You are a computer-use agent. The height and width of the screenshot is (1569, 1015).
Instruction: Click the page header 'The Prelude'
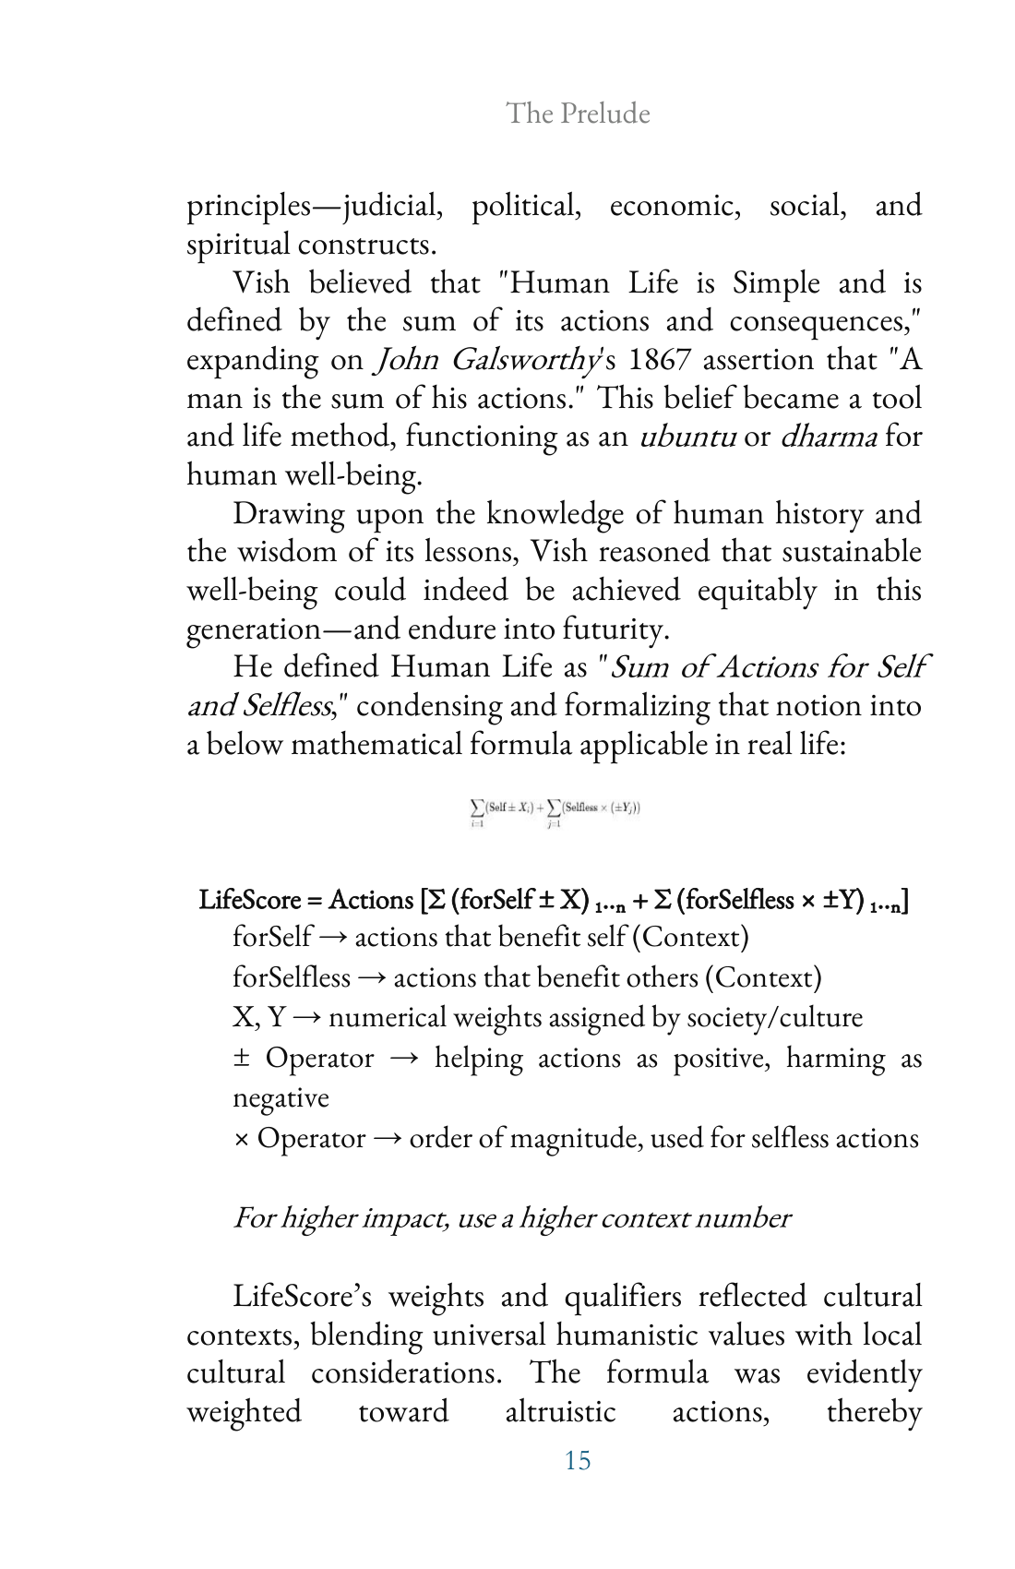click(x=578, y=114)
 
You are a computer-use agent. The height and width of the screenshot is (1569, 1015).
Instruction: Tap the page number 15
click(x=578, y=1460)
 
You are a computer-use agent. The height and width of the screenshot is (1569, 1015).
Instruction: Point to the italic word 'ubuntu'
click(x=687, y=436)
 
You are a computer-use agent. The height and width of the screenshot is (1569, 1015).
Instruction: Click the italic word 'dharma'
click(x=828, y=436)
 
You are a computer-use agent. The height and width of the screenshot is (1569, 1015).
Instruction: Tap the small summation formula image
click(x=555, y=812)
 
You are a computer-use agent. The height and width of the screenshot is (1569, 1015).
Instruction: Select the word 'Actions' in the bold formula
click(x=371, y=900)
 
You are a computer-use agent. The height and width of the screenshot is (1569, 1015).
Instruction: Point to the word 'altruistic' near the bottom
click(x=560, y=1411)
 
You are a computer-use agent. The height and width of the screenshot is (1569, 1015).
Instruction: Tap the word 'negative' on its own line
click(x=281, y=1097)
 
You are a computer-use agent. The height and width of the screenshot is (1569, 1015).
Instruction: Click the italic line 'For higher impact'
click(x=512, y=1217)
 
